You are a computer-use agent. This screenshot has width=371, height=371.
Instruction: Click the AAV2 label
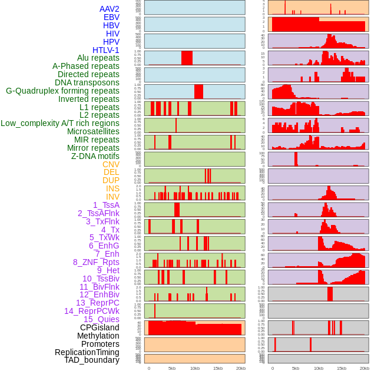(x=109, y=9)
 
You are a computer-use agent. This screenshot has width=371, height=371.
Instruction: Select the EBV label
(x=111, y=17)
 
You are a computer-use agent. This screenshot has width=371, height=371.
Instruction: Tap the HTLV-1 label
(x=106, y=50)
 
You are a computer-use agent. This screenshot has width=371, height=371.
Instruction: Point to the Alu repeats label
(x=98, y=58)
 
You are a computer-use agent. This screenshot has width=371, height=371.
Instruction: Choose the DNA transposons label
(x=87, y=82)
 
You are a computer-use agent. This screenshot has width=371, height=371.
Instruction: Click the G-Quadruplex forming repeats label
(x=62, y=91)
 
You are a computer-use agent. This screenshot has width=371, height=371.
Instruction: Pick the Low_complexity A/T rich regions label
(x=60, y=123)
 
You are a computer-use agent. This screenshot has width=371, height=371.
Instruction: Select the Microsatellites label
(x=93, y=131)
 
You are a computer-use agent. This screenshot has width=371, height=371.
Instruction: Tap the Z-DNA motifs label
(x=95, y=156)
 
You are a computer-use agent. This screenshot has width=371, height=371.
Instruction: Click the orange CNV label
(x=111, y=164)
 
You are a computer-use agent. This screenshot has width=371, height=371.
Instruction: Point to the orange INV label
(x=112, y=197)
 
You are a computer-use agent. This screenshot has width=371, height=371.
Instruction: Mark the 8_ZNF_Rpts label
(x=96, y=262)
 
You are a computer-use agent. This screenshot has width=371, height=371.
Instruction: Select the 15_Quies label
(x=101, y=319)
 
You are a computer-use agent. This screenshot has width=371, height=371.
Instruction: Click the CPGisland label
(x=100, y=327)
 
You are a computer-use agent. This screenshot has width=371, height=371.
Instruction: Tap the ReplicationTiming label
(x=87, y=352)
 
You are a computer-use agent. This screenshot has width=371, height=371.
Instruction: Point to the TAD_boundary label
(x=92, y=360)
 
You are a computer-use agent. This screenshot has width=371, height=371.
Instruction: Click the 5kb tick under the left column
(x=172, y=368)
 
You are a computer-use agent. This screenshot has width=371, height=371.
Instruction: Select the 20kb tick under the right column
(x=365, y=368)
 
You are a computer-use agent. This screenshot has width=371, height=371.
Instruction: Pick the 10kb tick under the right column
(x=319, y=368)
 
